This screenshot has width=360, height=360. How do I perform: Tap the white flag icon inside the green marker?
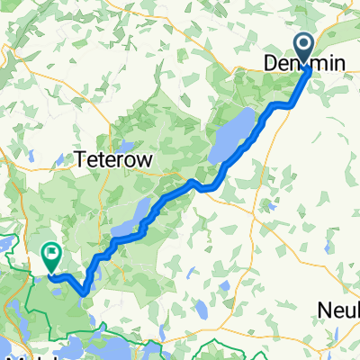51,256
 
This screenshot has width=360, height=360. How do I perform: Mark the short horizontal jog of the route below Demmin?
280,105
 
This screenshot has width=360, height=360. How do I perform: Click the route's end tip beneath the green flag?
51,275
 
